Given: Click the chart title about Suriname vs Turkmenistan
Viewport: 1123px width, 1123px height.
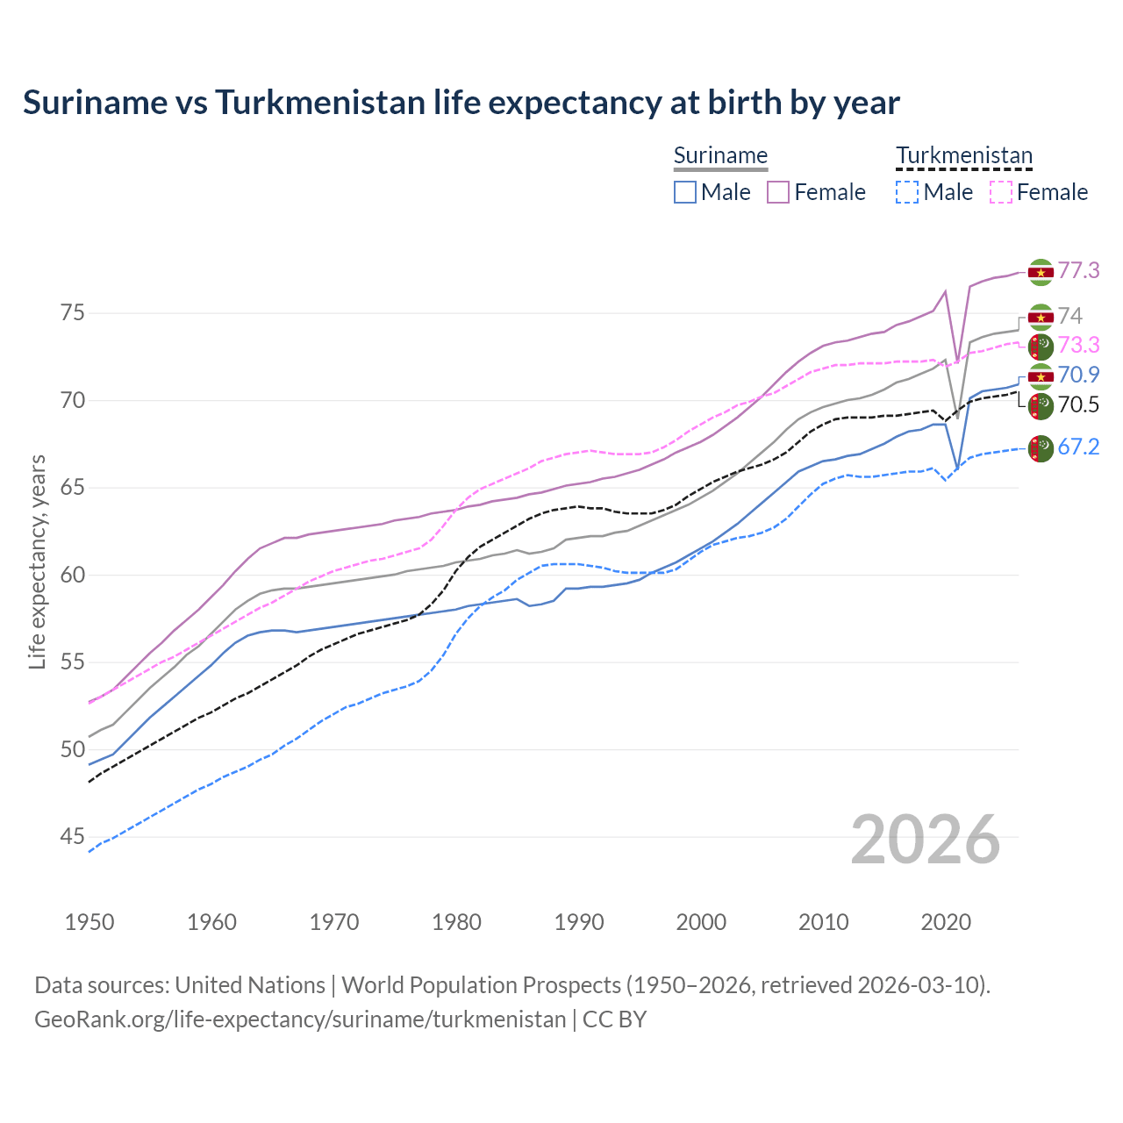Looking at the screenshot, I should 461,103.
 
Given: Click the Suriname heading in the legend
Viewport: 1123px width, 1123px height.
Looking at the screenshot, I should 720,155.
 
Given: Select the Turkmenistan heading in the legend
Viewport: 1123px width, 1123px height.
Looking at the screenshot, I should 963,155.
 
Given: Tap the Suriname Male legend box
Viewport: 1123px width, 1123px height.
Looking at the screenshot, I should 685,192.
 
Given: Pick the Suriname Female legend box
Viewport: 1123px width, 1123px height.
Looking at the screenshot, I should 778,192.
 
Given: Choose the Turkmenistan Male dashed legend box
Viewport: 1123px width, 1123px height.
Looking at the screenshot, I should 907,192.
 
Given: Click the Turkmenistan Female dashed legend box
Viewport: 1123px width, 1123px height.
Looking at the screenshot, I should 1001,192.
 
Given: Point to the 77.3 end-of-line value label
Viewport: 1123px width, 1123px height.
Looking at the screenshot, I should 1078,270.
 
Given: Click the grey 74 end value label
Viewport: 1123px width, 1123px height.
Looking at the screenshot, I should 1069,316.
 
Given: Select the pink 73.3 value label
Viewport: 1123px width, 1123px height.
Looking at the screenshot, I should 1078,345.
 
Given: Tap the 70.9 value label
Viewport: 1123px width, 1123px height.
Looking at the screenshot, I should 1078,375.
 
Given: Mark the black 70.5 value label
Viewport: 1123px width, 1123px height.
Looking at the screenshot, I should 1078,404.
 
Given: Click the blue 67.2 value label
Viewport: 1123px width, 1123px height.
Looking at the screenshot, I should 1078,447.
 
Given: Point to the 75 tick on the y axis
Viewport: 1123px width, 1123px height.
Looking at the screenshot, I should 73,313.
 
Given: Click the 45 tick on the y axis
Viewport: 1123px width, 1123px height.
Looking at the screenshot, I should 73,837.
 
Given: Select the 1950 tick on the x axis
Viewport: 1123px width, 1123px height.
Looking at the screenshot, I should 89,922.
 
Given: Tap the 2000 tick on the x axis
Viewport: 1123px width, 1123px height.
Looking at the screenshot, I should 701,922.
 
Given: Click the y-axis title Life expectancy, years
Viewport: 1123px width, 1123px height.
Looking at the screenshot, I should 37,561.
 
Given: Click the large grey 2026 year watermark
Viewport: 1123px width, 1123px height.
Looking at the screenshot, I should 926,840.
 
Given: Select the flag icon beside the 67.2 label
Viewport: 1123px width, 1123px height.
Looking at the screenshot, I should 1041,447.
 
